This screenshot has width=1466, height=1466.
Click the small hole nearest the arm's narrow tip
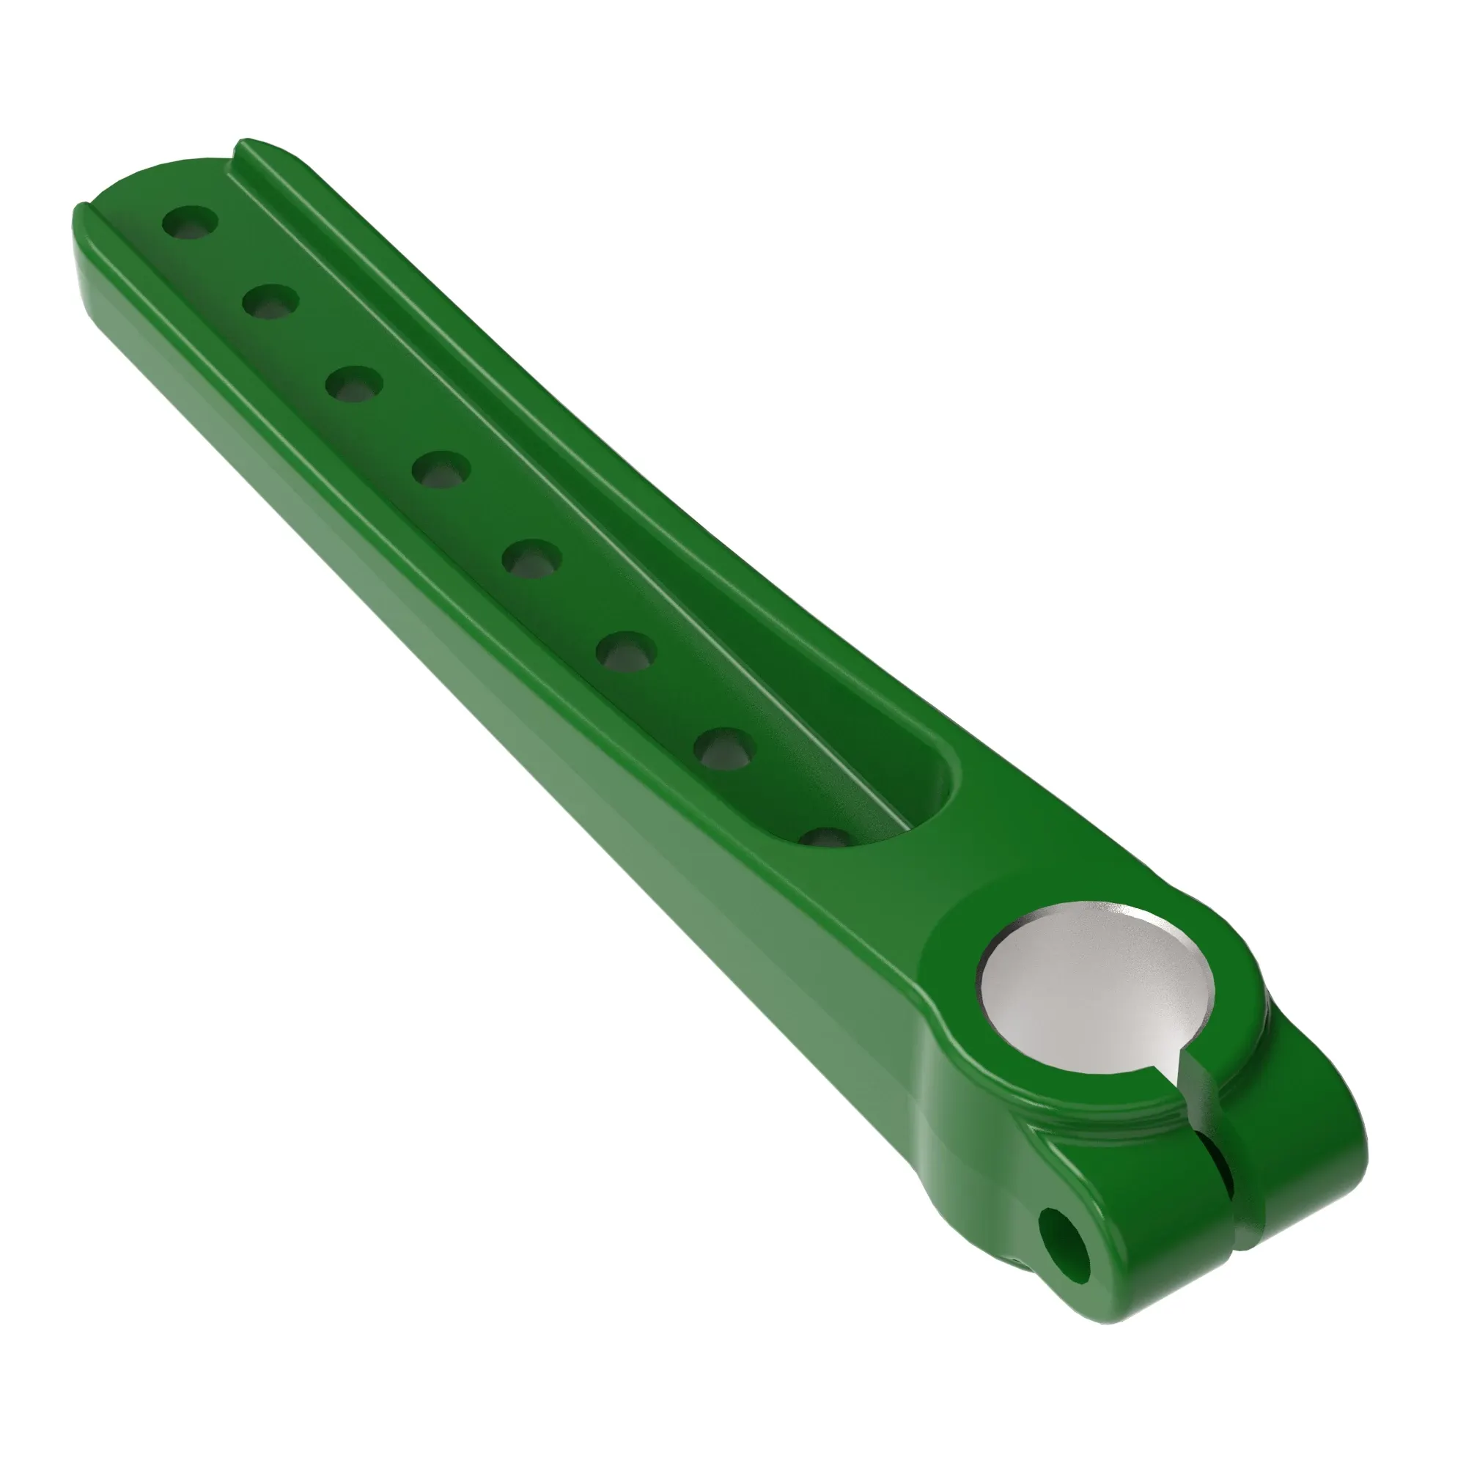[191, 221]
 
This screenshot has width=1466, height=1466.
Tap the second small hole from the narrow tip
[271, 301]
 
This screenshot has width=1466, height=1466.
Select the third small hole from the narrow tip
[353, 383]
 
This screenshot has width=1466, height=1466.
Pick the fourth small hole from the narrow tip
[441, 469]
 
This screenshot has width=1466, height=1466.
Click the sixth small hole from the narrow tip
[627, 650]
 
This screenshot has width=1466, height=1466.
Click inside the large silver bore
[1093, 987]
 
